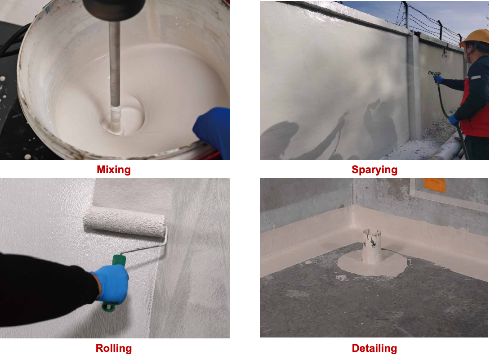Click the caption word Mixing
(113, 170)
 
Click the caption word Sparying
(374, 170)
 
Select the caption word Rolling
(113, 348)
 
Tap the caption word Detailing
(374, 348)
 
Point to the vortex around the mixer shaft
(122, 116)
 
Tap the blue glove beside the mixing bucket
(213, 131)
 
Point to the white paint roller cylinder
(124, 221)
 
